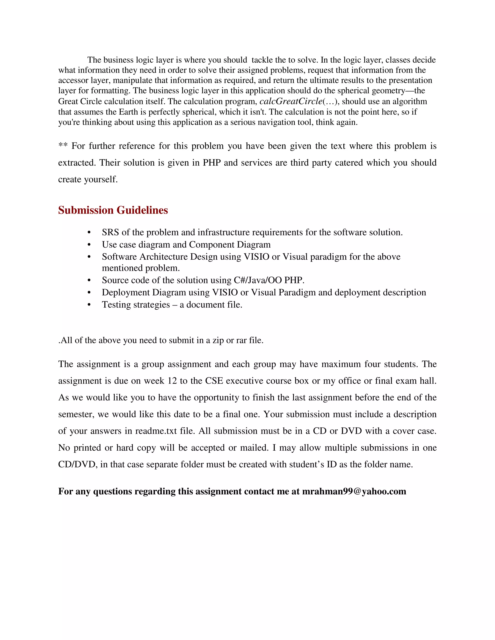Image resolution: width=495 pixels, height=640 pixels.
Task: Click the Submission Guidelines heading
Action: pyautogui.click(x=113, y=210)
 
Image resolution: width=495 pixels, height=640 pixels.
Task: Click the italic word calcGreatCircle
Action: pyautogui.click(x=291, y=101)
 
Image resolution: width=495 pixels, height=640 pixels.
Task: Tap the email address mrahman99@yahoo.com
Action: pyautogui.click(x=354, y=491)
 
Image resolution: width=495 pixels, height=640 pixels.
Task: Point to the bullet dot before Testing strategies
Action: pyautogui.click(x=89, y=305)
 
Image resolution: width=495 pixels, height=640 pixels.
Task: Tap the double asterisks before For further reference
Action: pyautogui.click(x=63, y=145)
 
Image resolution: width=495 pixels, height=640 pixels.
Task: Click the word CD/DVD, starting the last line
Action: pyautogui.click(x=78, y=464)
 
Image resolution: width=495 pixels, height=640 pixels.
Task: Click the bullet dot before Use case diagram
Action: pyautogui.click(x=89, y=245)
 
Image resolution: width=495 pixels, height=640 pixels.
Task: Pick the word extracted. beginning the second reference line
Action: pyautogui.click(x=77, y=163)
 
